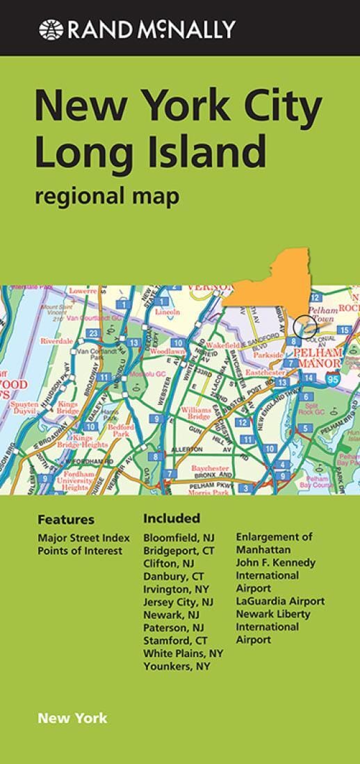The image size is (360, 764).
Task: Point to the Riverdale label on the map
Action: (57, 342)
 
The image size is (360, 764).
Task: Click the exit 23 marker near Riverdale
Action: (93, 333)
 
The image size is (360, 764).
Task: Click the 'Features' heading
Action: (66, 520)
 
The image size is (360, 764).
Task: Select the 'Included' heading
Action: (172, 518)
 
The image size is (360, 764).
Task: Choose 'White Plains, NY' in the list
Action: (183, 654)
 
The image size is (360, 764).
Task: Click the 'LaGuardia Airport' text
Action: (280, 601)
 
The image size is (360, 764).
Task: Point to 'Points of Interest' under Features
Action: (80, 551)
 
